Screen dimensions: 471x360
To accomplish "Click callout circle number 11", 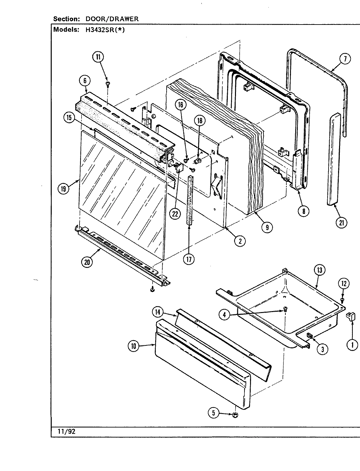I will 98,57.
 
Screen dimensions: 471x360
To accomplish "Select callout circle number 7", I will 345,59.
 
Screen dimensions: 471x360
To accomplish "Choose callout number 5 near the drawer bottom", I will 213,413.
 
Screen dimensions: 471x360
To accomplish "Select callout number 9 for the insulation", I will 267,227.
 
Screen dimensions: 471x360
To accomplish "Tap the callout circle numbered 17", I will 189,259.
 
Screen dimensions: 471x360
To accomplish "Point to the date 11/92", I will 67,431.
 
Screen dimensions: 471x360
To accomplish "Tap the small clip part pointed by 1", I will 350,316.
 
